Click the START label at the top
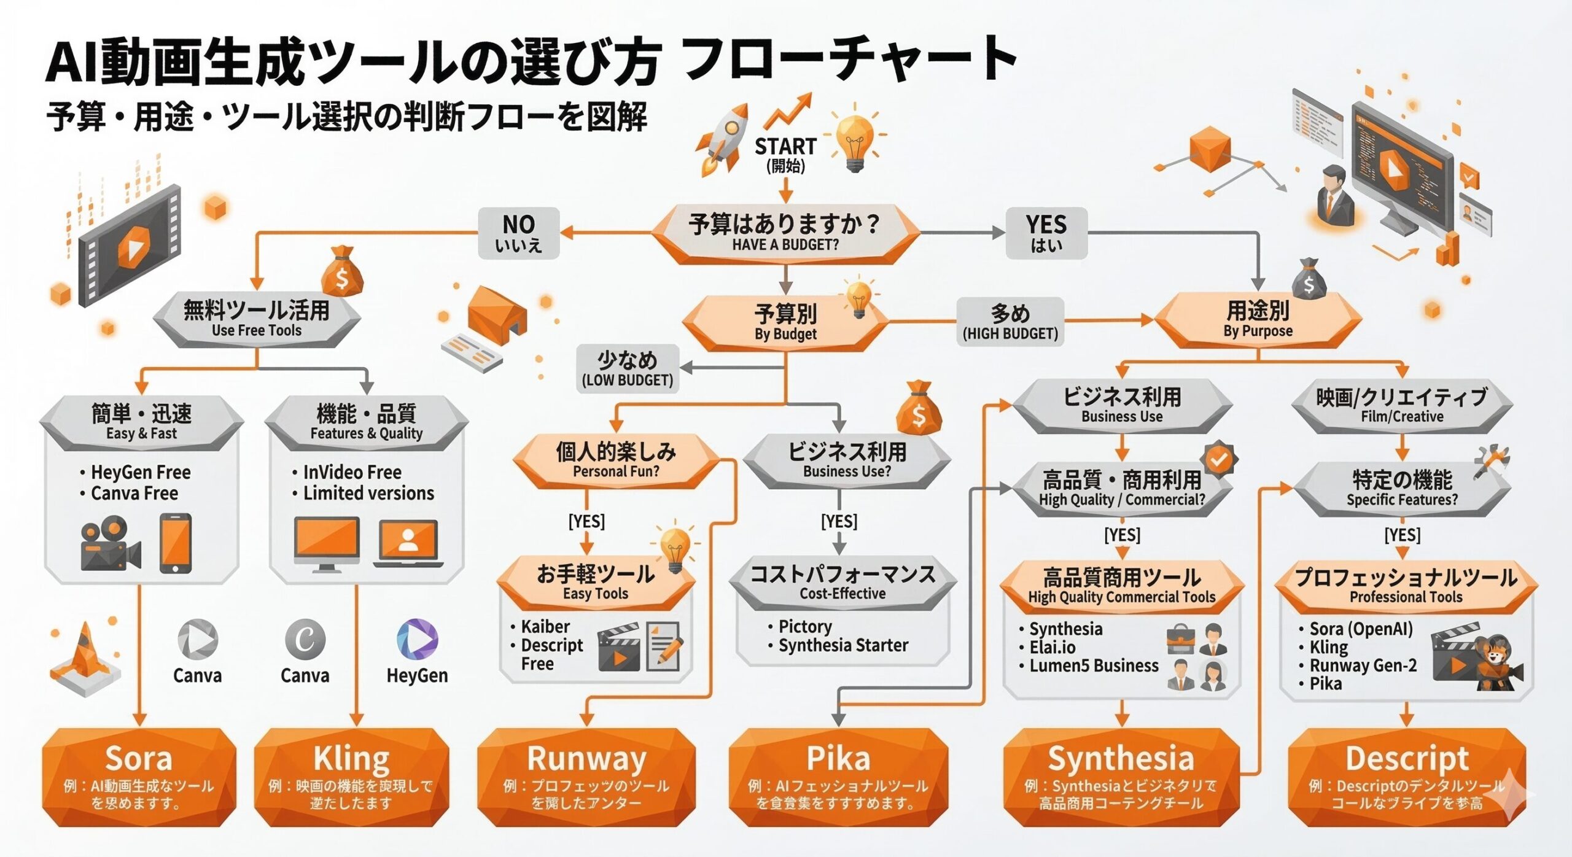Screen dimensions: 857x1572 click(x=785, y=147)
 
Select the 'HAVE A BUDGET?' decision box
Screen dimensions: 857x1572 click(x=785, y=233)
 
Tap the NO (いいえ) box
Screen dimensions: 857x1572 click(x=519, y=233)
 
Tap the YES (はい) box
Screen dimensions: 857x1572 click(x=1046, y=233)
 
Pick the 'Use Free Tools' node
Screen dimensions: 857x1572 click(x=257, y=319)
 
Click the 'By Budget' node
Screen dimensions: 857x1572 click(x=785, y=323)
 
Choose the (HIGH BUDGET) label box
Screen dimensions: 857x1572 click(x=1010, y=322)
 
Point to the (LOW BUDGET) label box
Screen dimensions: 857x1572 click(x=628, y=368)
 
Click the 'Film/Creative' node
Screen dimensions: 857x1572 click(x=1402, y=406)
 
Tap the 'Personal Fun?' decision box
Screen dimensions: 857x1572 click(x=616, y=460)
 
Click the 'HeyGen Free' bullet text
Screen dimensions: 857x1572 click(x=141, y=472)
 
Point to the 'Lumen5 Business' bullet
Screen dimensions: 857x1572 click(x=1094, y=666)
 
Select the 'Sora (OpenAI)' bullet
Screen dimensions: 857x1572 click(x=1361, y=629)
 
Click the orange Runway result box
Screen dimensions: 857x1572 click(x=586, y=777)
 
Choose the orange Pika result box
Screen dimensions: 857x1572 click(x=838, y=777)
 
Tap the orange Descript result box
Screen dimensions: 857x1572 click(x=1407, y=777)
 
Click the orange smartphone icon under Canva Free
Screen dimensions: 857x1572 click(x=175, y=544)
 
